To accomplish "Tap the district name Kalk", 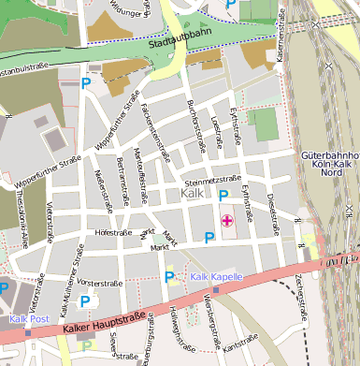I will coord(191,193).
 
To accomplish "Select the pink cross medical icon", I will coord(226,221).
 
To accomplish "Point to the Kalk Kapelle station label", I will coord(216,277).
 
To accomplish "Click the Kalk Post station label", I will coord(28,319).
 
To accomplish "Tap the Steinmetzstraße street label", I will coord(213,178).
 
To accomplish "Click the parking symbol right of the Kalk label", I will coord(223,195).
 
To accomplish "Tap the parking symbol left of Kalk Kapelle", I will coord(169,276).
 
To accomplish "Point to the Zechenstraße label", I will coord(301,295).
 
